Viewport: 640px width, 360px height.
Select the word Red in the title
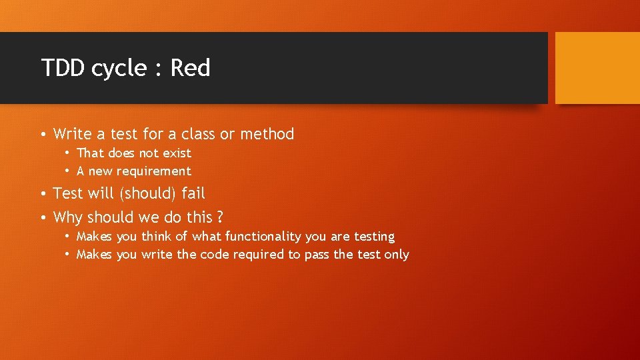point(190,68)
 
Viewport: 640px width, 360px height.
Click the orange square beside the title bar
point(597,68)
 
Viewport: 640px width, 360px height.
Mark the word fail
point(193,193)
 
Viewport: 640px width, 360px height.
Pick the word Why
point(67,217)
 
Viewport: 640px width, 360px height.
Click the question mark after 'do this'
point(220,217)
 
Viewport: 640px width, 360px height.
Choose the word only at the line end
point(397,255)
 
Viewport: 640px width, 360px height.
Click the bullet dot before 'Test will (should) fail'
point(43,194)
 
